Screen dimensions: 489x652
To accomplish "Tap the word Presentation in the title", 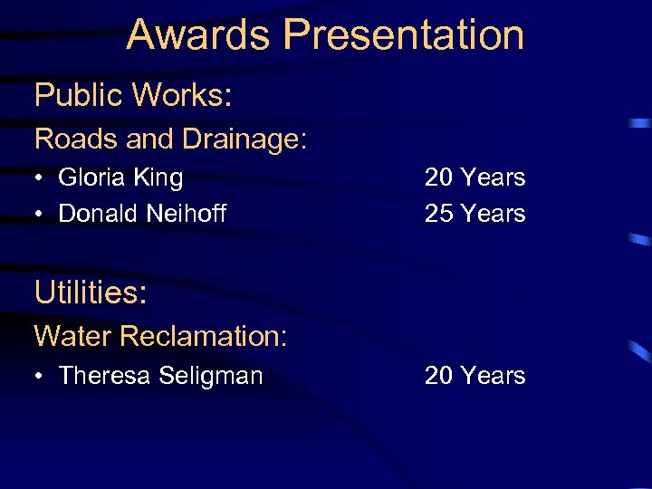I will (403, 34).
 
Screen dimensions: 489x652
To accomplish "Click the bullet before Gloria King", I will (41, 178).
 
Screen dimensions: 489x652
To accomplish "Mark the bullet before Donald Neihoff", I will (41, 215).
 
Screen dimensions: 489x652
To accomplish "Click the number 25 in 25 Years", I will (439, 214).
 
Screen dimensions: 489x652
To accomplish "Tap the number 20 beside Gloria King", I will (439, 177).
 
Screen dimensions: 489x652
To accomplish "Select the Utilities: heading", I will (91, 292).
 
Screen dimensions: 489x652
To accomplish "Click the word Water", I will (72, 337).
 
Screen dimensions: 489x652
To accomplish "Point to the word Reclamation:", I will (203, 337).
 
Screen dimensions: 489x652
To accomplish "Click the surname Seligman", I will (210, 376).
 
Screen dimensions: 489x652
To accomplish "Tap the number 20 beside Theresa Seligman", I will (439, 375).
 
